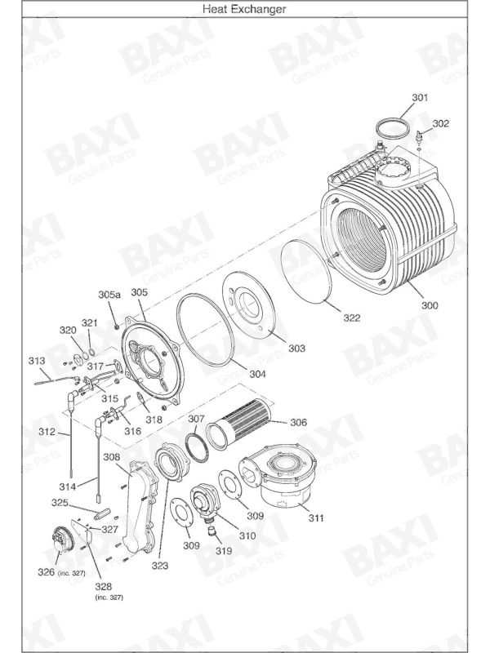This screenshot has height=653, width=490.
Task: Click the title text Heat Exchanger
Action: pos(245,9)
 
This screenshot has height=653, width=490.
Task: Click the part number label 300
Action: pos(430,305)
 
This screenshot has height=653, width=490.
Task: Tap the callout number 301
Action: pos(419,98)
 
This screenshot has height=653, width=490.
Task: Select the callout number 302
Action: pos(440,124)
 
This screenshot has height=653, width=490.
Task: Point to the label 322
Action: pos(351,318)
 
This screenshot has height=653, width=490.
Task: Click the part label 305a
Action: pos(109,294)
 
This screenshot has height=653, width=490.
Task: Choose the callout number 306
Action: pos(299,423)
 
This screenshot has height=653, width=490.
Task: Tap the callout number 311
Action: pos(315,518)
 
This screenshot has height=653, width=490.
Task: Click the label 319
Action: pos(224,550)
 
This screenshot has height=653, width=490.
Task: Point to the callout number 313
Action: pos(37,361)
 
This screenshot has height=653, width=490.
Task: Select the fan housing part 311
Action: pos(282,478)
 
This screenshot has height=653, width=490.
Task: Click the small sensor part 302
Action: pos(419,135)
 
